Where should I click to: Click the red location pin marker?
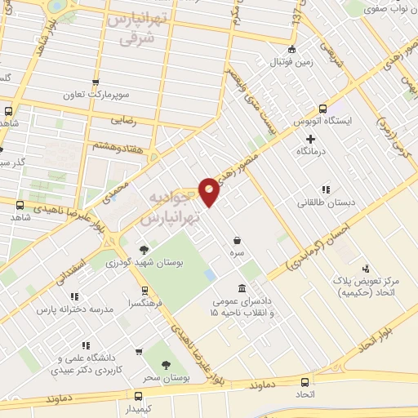pos(209,190)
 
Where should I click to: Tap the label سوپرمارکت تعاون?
pos(96,95)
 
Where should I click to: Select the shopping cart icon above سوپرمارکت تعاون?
pos(96,82)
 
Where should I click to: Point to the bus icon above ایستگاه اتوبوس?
pos(323,109)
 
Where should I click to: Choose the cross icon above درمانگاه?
pos(310,139)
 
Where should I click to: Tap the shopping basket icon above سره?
pos(237,241)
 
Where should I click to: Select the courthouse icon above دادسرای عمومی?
pos(242,289)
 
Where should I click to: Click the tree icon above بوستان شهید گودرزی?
pos(145,249)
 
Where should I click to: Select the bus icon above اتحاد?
pos(305,381)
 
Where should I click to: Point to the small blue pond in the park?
pos(211,274)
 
